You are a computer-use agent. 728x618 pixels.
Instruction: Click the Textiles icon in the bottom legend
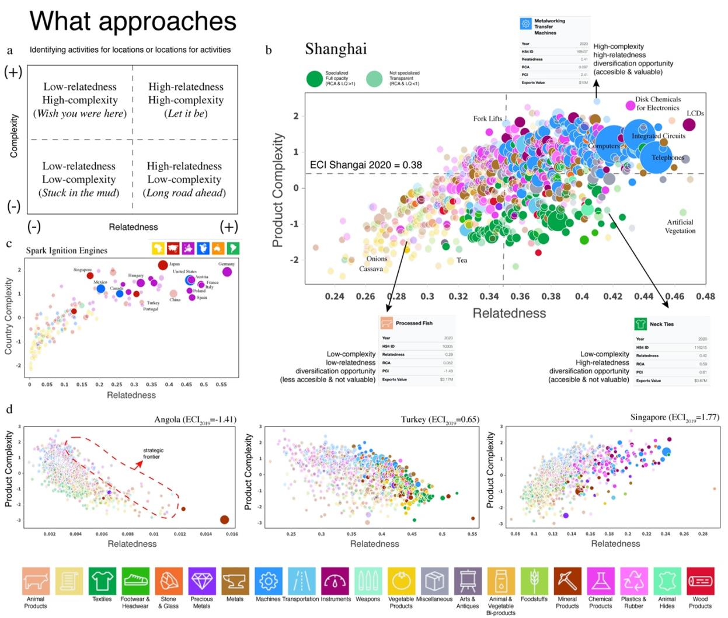(102, 581)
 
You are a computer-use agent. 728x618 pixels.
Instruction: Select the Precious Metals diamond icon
(202, 581)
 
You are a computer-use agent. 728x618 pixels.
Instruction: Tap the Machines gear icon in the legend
(268, 581)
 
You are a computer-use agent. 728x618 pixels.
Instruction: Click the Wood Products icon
(700, 581)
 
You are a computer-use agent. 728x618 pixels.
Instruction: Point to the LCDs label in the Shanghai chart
(695, 113)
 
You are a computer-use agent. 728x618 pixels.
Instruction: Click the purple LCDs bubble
(689, 124)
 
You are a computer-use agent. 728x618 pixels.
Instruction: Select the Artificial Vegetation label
(680, 226)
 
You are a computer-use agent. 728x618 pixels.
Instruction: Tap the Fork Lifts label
(487, 118)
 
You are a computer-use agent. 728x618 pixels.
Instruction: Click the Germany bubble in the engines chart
(227, 272)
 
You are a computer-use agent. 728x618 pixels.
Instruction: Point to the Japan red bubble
(163, 266)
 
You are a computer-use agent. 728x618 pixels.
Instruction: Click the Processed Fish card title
(414, 323)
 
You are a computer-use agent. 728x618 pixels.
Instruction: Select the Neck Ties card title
(661, 324)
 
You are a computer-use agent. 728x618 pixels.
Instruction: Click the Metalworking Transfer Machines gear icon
(525, 24)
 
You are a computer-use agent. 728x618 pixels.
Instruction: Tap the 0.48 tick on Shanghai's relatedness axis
(705, 296)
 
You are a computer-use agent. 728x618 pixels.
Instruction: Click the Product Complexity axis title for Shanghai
(278, 190)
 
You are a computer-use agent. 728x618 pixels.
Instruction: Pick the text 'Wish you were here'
(80, 113)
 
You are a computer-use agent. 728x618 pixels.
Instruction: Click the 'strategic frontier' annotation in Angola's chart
(153, 453)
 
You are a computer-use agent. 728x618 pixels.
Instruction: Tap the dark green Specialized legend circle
(315, 79)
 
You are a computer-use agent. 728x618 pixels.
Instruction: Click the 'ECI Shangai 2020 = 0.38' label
(366, 165)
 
